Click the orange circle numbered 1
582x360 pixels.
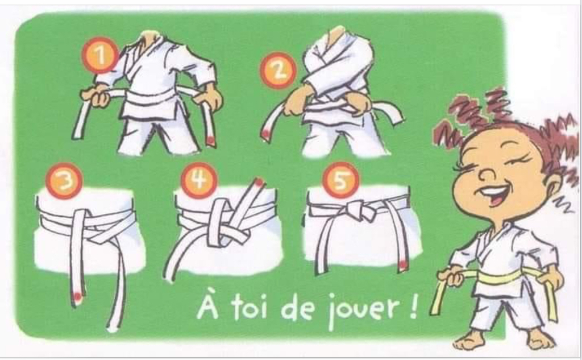pos(100,55)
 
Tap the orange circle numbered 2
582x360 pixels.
pos(278,70)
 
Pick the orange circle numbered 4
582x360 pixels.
pos(199,180)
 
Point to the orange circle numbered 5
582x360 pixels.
pos(340,180)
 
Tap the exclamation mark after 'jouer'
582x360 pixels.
pos(413,307)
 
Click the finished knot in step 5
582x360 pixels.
pos(359,210)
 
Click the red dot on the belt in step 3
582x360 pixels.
pos(77,296)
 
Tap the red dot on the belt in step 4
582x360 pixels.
pos(259,181)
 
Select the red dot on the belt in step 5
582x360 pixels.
pos(402,264)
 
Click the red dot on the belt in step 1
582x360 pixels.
pos(210,140)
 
